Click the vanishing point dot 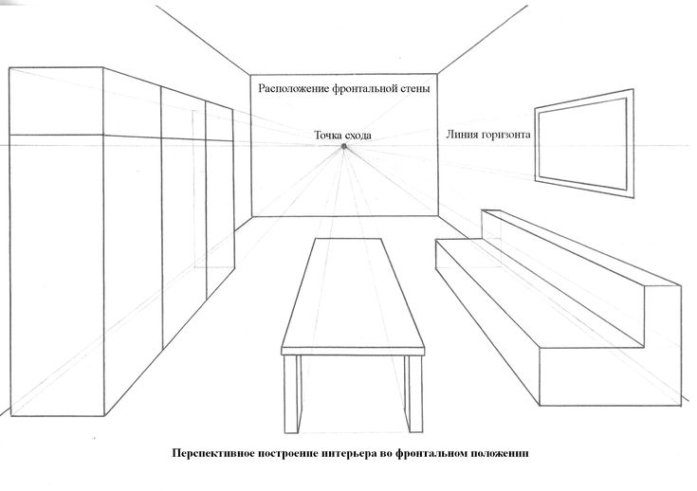click(343, 146)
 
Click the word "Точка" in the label click(328, 136)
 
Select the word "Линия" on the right click(461, 135)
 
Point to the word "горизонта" click(504, 135)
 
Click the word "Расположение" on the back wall click(294, 88)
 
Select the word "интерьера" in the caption click(348, 453)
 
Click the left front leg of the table click(291, 393)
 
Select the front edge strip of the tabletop click(353, 352)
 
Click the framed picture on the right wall click(584, 143)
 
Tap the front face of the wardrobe click(57, 242)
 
